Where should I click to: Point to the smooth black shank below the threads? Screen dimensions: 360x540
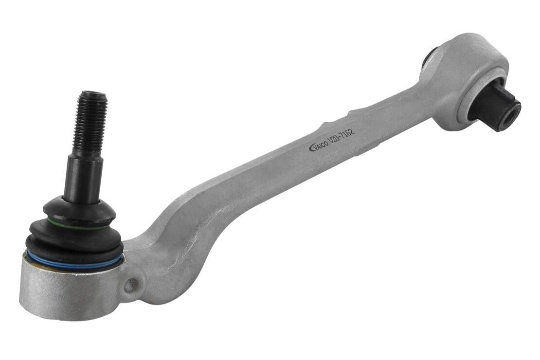point(84,175)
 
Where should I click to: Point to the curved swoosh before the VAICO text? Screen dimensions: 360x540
point(311,148)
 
